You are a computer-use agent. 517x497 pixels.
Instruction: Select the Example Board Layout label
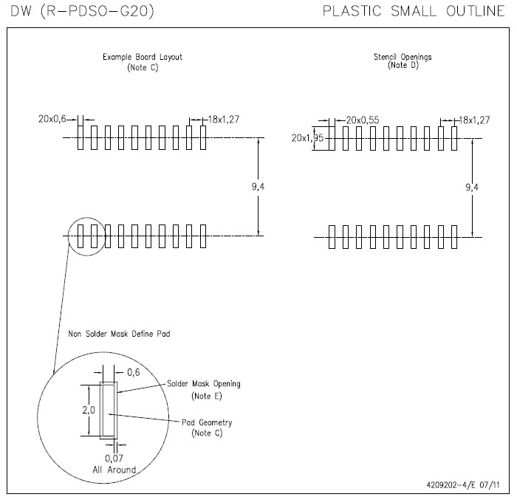tap(143, 57)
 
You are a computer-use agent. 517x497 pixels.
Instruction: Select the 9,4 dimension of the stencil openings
tap(472, 188)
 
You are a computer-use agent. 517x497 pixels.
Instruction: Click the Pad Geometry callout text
tap(207, 422)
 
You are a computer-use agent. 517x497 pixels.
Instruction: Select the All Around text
tap(114, 469)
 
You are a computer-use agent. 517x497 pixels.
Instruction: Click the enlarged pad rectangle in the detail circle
tap(108, 411)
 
